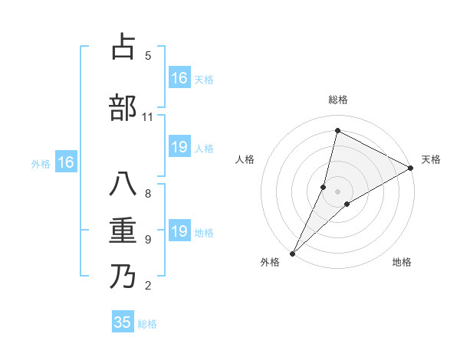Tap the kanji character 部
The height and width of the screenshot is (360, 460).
point(123,107)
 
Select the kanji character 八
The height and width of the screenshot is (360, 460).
point(123,185)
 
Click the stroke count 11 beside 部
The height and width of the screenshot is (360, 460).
point(147,117)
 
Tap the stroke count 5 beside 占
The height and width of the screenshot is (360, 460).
point(147,56)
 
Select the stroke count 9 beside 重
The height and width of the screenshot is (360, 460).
point(147,240)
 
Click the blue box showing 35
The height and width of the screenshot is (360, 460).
point(123,322)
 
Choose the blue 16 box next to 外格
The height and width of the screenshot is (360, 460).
point(65,162)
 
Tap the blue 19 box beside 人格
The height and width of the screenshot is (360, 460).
point(179,147)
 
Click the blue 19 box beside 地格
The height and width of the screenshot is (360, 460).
point(179,231)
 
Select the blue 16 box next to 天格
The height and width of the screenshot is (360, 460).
point(179,77)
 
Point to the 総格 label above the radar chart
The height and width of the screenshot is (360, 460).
point(338,100)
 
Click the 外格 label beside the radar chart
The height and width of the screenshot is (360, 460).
point(270,262)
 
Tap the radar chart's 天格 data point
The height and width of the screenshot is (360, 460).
point(410,169)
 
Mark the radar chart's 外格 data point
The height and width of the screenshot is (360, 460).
point(292,253)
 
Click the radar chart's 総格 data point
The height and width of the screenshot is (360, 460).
point(337,131)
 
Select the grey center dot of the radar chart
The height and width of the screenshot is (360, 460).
point(337,191)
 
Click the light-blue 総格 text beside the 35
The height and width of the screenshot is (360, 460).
point(147,324)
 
